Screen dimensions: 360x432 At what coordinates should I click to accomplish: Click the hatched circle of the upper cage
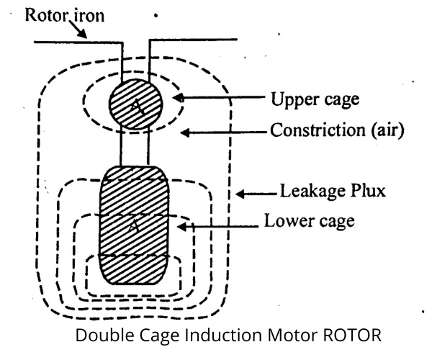135,105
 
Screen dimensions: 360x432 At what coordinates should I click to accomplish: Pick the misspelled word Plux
365,192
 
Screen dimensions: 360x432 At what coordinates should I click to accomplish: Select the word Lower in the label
289,220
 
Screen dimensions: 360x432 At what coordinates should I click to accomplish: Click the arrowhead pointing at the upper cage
177,98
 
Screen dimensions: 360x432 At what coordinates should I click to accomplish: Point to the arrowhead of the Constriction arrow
184,131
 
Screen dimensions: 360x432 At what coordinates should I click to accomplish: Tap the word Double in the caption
102,336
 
